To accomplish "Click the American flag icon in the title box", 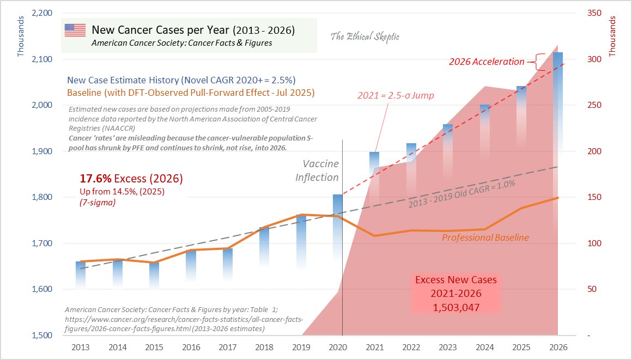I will [75, 30].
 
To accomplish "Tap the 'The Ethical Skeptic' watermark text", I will [365, 37].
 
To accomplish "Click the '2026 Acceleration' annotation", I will [487, 62].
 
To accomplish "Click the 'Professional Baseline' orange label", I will [485, 237].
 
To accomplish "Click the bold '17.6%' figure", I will [96, 179].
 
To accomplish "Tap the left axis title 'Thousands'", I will [21, 39].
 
